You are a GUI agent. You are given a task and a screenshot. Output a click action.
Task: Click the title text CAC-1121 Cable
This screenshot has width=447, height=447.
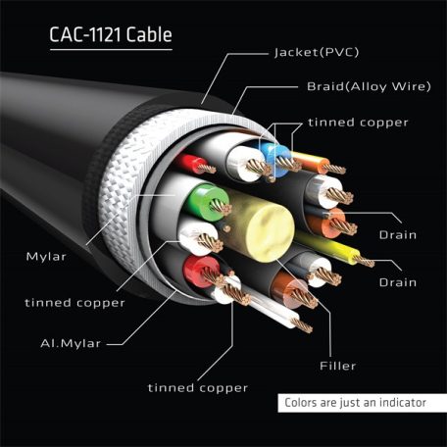pos(111,36)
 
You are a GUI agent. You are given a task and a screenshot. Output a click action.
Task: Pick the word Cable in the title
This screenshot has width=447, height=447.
pos(150,36)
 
